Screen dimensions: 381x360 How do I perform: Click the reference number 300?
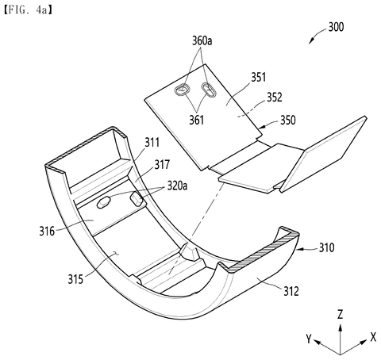tap(336, 27)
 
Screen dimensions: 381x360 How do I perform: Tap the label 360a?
tap(202, 41)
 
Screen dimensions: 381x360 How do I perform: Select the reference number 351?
tap(258, 77)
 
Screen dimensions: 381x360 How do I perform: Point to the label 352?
tap(275, 97)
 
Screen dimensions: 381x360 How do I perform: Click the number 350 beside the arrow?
tap(288, 120)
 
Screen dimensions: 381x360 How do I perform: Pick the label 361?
tap(197, 120)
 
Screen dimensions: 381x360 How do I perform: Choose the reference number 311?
tap(152, 143)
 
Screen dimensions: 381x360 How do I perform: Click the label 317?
tap(162, 165)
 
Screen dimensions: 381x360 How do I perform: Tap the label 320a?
tap(177, 186)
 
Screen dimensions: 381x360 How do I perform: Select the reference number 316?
tap(47, 232)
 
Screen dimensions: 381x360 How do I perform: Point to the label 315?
tap(75, 279)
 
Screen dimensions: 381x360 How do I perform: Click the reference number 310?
tap(326, 247)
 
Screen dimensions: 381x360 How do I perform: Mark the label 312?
tap(291, 291)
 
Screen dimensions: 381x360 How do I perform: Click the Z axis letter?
tap(341, 315)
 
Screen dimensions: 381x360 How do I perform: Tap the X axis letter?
tap(373, 337)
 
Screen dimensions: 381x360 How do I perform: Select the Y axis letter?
tap(309, 339)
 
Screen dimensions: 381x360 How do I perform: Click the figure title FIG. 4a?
tap(28, 10)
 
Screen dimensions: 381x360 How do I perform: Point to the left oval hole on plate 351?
tap(182, 90)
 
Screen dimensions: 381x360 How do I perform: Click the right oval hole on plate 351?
tap(210, 90)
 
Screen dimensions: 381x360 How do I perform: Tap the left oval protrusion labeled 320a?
tap(103, 202)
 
